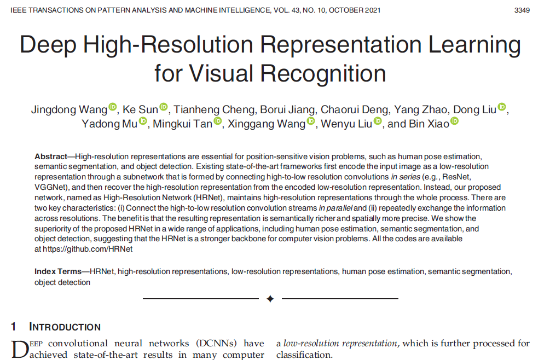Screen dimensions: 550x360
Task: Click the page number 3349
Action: click(522, 10)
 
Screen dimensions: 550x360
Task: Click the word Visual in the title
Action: click(221, 73)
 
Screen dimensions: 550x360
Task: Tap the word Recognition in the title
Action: click(323, 74)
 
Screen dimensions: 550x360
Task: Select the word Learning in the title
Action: click(474, 45)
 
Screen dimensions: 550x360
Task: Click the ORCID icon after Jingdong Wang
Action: click(113, 107)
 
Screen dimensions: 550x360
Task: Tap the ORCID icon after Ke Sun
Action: click(164, 107)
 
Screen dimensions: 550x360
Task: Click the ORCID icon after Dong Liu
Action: click(502, 107)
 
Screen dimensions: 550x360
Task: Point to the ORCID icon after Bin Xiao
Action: click(454, 121)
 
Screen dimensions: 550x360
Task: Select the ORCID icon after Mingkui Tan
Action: click(218, 121)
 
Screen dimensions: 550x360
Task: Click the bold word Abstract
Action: click(50, 156)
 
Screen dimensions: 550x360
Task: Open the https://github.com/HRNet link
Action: click(88, 249)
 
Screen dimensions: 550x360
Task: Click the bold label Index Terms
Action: click(58, 272)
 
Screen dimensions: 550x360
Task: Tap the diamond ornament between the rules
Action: click(270, 299)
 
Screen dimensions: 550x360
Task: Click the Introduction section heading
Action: click(65, 327)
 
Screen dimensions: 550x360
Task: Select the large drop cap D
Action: click(20, 349)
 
